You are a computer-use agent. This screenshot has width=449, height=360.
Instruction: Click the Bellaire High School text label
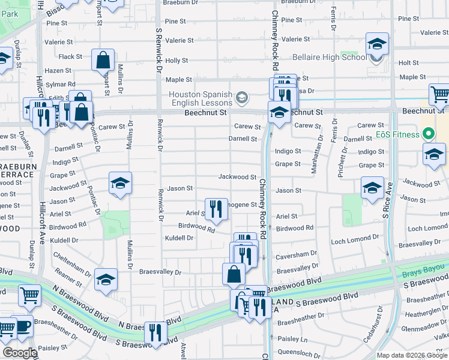330,57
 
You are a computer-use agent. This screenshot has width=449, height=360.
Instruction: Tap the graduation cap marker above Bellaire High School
377,44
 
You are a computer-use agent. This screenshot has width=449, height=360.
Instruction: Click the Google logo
19,353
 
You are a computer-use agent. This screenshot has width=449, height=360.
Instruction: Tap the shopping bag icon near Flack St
103,60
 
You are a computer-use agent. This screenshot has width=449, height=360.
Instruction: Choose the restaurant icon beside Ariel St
217,209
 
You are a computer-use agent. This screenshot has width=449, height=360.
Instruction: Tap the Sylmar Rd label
62,84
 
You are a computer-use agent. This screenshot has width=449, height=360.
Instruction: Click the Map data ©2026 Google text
412,355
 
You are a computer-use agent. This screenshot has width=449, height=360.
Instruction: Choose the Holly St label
176,61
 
